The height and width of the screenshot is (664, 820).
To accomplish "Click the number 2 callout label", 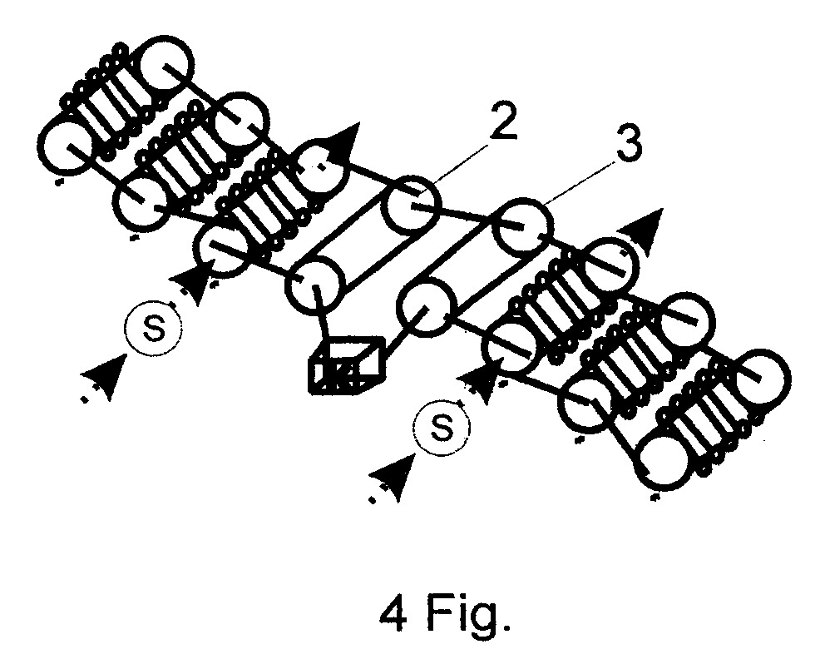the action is click(502, 121).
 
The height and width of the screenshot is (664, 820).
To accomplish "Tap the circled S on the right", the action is click(442, 428).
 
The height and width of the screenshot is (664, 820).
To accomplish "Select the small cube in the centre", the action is click(346, 366).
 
